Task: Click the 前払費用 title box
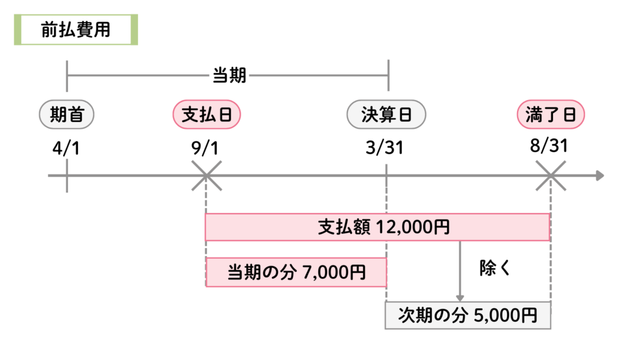point(76,30)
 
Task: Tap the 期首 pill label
point(67,114)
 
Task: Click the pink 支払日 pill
point(206,114)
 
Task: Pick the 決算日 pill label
point(386,114)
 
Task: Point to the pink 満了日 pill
point(550,114)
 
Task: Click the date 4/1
point(66,149)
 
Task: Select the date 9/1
point(206,149)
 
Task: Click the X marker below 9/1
point(206,176)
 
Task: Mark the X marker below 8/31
point(551,176)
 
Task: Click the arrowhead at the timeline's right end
point(599,176)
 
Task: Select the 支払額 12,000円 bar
point(377,227)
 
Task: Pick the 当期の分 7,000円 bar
point(296,272)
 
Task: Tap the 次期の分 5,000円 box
point(467,315)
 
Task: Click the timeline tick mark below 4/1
point(66,176)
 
